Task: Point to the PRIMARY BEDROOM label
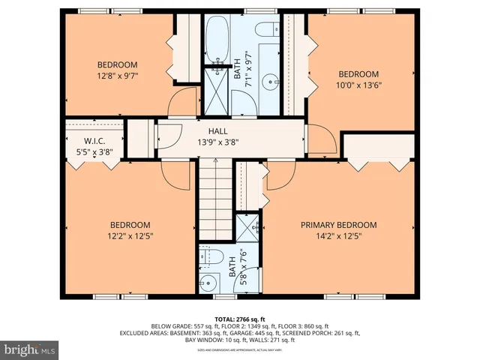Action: (338, 224)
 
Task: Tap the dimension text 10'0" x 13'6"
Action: (358, 85)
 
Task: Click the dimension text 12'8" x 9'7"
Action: (118, 75)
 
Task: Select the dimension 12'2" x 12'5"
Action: (130, 235)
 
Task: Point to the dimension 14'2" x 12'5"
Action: (338, 235)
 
